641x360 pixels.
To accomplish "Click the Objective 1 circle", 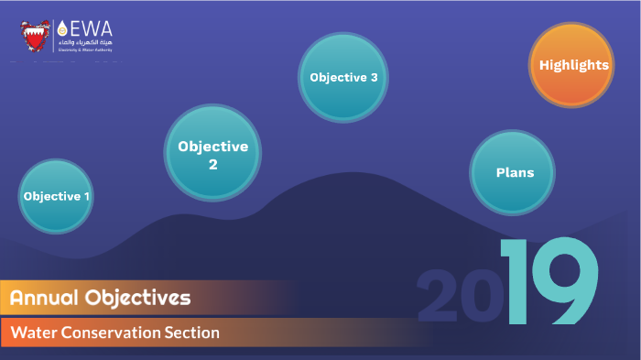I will pos(56,196).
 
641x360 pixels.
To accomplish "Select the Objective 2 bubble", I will pos(212,153).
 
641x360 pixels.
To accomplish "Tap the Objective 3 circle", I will pos(343,78).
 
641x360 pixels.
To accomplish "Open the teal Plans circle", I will pos(514,171).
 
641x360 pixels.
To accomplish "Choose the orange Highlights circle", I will pos(571,65).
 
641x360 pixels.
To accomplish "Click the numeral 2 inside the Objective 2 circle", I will pos(212,165).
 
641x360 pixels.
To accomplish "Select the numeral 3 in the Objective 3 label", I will pos(374,78).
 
